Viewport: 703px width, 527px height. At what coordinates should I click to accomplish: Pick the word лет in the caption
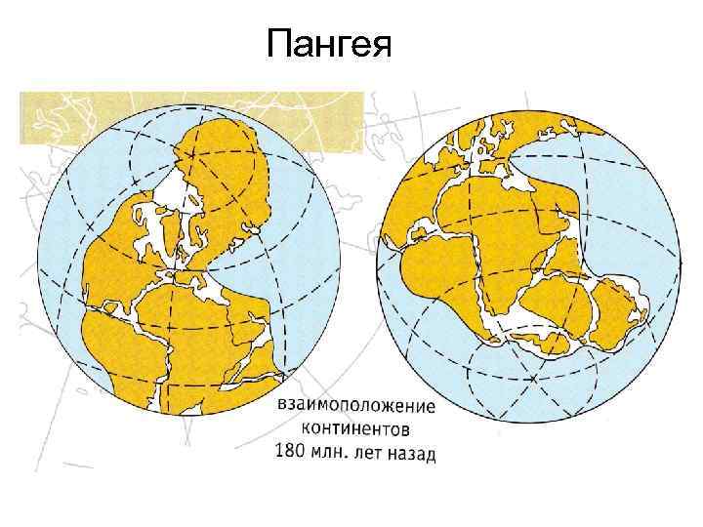(x=371, y=453)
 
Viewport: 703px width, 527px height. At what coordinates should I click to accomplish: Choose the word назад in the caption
(x=413, y=453)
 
